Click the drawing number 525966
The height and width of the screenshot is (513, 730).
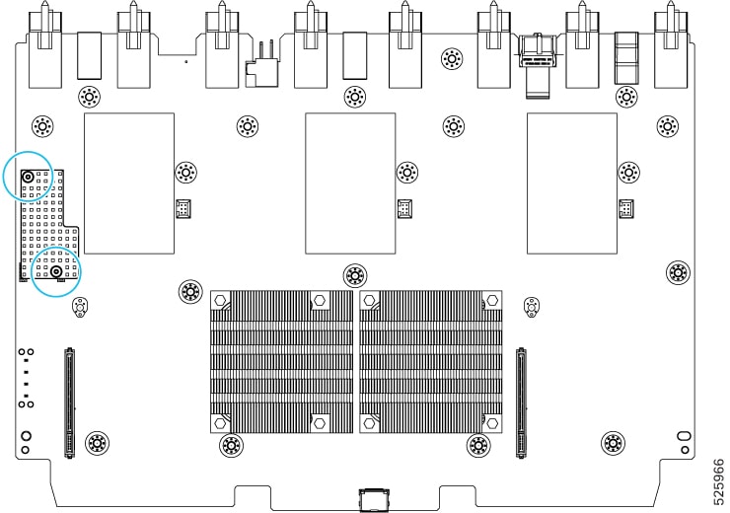click(719, 481)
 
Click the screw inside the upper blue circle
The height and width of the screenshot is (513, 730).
click(28, 177)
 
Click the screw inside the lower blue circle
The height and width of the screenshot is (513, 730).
click(57, 271)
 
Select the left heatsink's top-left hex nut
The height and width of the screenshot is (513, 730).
click(220, 300)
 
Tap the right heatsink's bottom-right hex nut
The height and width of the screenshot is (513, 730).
click(491, 423)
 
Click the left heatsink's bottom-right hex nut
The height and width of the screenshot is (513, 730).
click(320, 423)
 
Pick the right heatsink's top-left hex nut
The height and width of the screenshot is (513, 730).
click(369, 300)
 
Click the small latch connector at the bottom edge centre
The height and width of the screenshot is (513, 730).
click(373, 499)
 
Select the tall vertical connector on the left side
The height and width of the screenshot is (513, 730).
click(69, 403)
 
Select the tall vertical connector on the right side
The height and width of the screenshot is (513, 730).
click(522, 403)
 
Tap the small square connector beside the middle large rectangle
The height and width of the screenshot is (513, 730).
click(404, 208)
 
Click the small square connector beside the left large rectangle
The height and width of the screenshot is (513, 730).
click(183, 208)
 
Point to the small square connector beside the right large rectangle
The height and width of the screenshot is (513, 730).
click(626, 208)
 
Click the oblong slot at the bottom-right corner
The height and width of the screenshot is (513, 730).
click(685, 437)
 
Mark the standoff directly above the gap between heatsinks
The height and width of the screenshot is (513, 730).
click(355, 276)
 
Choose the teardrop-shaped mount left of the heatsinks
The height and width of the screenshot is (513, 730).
click(81, 307)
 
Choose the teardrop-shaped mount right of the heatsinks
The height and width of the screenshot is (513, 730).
click(532, 307)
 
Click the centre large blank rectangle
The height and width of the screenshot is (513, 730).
click(350, 183)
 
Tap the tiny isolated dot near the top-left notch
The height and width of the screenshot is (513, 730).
click(186, 61)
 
